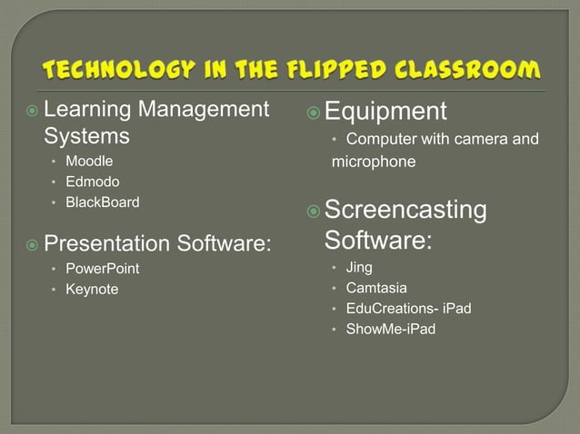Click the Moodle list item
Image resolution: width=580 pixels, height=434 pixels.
point(89,162)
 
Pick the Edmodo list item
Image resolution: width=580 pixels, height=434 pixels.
point(92,182)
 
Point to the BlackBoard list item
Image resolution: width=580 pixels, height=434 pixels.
point(103,202)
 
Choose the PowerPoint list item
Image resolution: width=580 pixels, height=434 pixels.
point(103,269)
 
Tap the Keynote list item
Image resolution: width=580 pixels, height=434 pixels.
point(92,290)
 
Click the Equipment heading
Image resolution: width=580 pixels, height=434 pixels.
point(385,112)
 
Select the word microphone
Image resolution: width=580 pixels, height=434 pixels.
point(374,162)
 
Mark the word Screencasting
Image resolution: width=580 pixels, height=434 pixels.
point(405,211)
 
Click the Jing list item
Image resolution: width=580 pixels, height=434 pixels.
point(359,268)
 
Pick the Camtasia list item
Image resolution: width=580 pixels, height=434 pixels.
point(376,288)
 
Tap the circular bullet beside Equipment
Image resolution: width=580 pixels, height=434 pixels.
point(313,113)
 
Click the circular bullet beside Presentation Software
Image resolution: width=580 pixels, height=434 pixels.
point(32,244)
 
